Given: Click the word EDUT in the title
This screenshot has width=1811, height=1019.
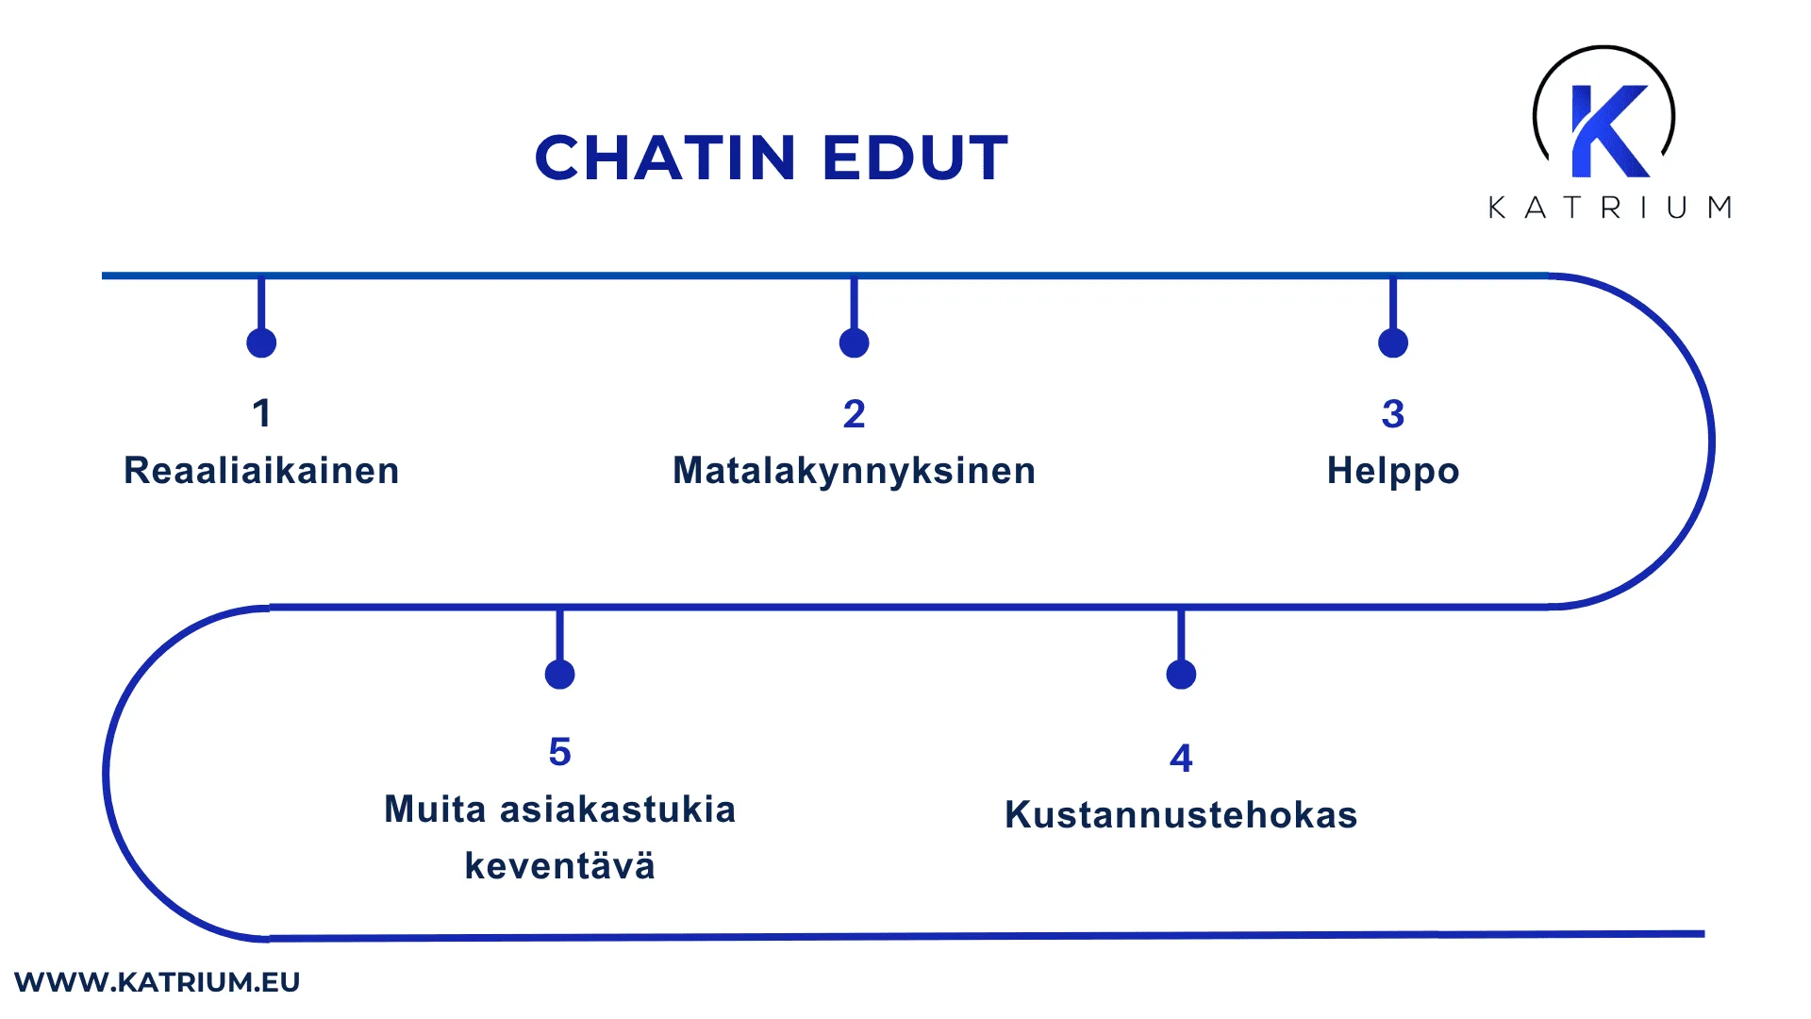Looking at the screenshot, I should [914, 158].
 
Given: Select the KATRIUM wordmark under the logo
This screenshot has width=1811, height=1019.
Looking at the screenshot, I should [1609, 208].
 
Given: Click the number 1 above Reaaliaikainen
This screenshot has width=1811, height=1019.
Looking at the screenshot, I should [261, 413].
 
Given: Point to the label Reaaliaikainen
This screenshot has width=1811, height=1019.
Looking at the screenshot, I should [261, 471].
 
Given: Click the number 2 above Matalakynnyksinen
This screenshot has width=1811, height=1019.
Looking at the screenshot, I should [854, 414].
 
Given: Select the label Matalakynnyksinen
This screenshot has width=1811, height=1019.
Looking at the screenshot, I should [854, 471].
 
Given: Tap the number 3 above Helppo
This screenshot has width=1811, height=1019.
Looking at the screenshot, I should [1392, 414].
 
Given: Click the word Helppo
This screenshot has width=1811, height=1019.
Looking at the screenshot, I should [1392, 471].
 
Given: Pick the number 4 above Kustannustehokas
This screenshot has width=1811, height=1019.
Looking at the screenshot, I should [1181, 759].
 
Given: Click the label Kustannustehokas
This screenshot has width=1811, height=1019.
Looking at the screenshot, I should [1181, 815].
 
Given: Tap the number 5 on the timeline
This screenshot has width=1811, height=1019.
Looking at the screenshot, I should [559, 753].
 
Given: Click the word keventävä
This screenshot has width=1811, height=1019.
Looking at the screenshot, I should [559, 866].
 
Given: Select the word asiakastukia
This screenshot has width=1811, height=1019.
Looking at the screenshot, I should [617, 810].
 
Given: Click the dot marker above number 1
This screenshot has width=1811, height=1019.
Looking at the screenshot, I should [261, 342].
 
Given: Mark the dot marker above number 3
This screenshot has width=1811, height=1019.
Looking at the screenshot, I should [1392, 342].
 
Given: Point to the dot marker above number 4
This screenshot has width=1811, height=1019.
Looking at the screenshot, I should [1181, 675].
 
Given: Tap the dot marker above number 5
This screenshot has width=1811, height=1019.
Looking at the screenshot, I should [559, 675].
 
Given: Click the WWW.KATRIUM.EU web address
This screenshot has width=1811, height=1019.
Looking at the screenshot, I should [157, 982].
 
